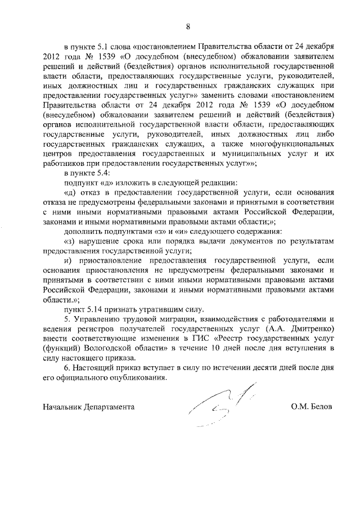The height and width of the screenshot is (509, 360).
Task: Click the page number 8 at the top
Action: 188,25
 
